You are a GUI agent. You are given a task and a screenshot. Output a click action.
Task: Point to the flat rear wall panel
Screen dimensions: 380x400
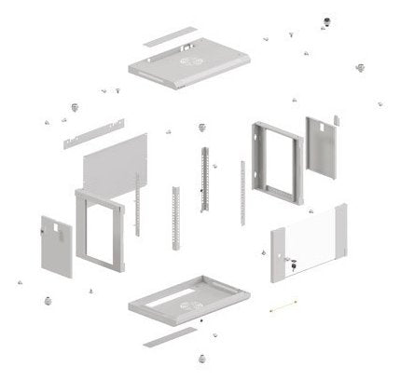(117, 162)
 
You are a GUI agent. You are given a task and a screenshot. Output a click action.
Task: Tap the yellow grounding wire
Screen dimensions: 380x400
(283, 304)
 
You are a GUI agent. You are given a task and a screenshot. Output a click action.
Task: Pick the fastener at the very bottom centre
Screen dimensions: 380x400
(201, 356)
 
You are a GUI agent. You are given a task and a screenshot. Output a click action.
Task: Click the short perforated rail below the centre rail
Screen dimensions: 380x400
(174, 219)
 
